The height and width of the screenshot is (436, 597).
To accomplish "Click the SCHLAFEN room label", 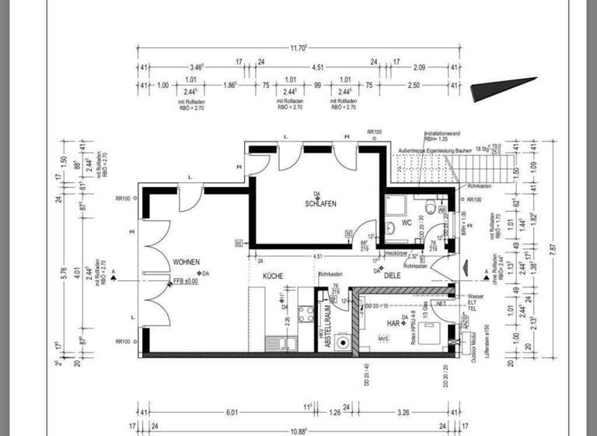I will pyautogui.click(x=320, y=204).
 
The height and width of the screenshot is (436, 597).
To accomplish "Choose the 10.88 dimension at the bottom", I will pyautogui.click(x=297, y=431).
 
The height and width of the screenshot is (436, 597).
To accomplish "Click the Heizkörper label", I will pyautogui.click(x=397, y=254).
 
